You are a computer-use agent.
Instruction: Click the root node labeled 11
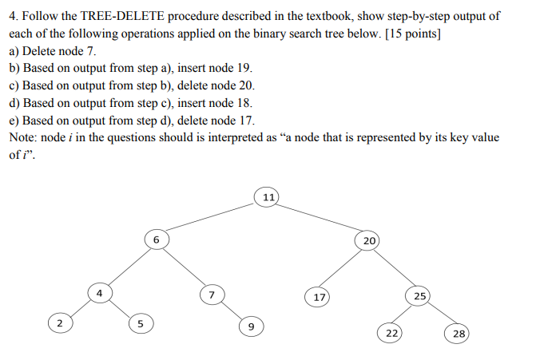coord(268,196)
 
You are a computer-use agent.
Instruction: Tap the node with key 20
coord(367,240)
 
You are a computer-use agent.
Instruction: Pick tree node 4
coord(99,293)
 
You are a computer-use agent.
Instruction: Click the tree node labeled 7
coord(211,295)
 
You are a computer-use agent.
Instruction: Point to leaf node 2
coord(58,323)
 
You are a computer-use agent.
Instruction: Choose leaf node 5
coord(140,324)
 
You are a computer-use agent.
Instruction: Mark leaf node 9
coord(250,326)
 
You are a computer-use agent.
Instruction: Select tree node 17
coord(318,297)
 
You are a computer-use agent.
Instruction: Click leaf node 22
coord(391,333)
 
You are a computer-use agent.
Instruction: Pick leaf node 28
coord(459,333)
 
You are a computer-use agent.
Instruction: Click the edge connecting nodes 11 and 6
coord(212,217)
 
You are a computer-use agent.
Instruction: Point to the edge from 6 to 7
coord(184,267)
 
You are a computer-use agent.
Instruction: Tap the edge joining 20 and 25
coord(394,268)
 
